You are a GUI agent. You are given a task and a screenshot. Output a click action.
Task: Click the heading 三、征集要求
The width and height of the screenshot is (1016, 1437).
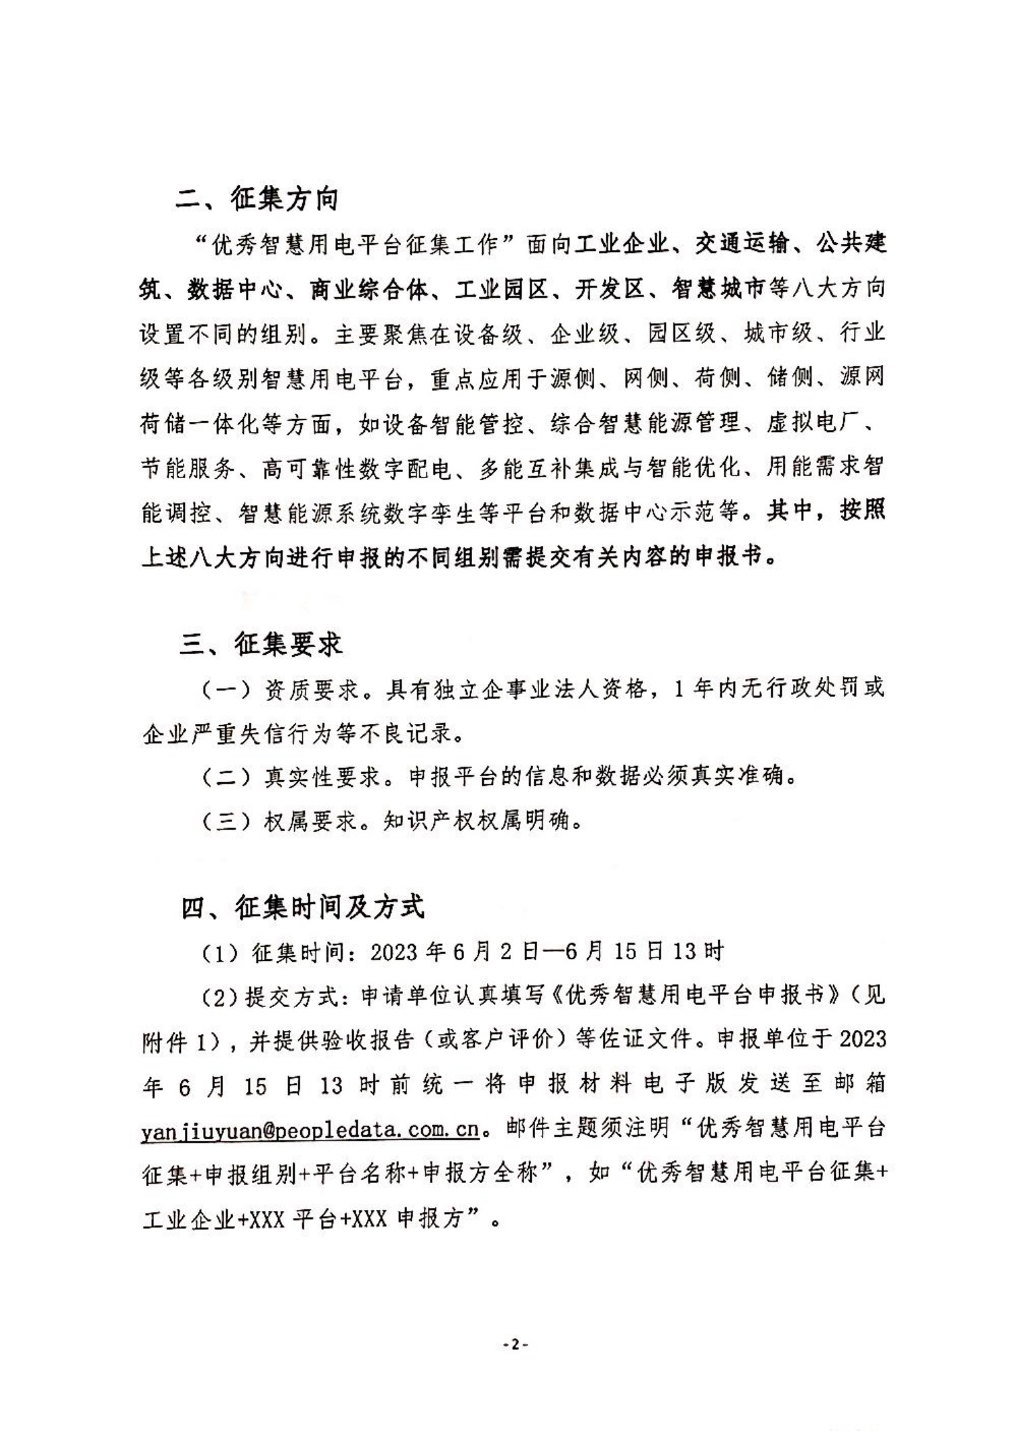261,644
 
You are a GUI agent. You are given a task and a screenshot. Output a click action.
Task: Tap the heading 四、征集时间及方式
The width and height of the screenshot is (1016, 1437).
302,907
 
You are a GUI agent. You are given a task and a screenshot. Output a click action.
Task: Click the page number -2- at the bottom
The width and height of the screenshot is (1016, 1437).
515,1345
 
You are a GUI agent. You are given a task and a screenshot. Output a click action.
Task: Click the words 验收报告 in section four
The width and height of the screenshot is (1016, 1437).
367,1040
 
